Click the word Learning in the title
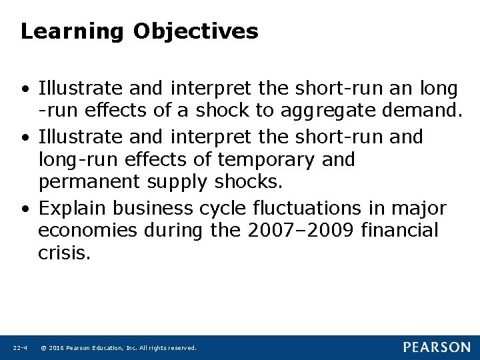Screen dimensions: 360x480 point(71,31)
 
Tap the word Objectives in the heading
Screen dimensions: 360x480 point(195,31)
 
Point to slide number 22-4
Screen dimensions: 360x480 point(19,348)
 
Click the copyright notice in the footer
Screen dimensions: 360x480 point(118,348)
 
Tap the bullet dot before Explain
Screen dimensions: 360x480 point(25,209)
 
